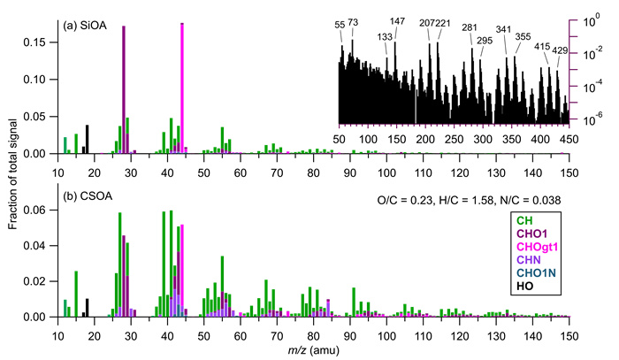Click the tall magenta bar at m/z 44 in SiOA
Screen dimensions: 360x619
click(x=181, y=88)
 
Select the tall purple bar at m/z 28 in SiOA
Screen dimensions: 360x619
click(x=123, y=88)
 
